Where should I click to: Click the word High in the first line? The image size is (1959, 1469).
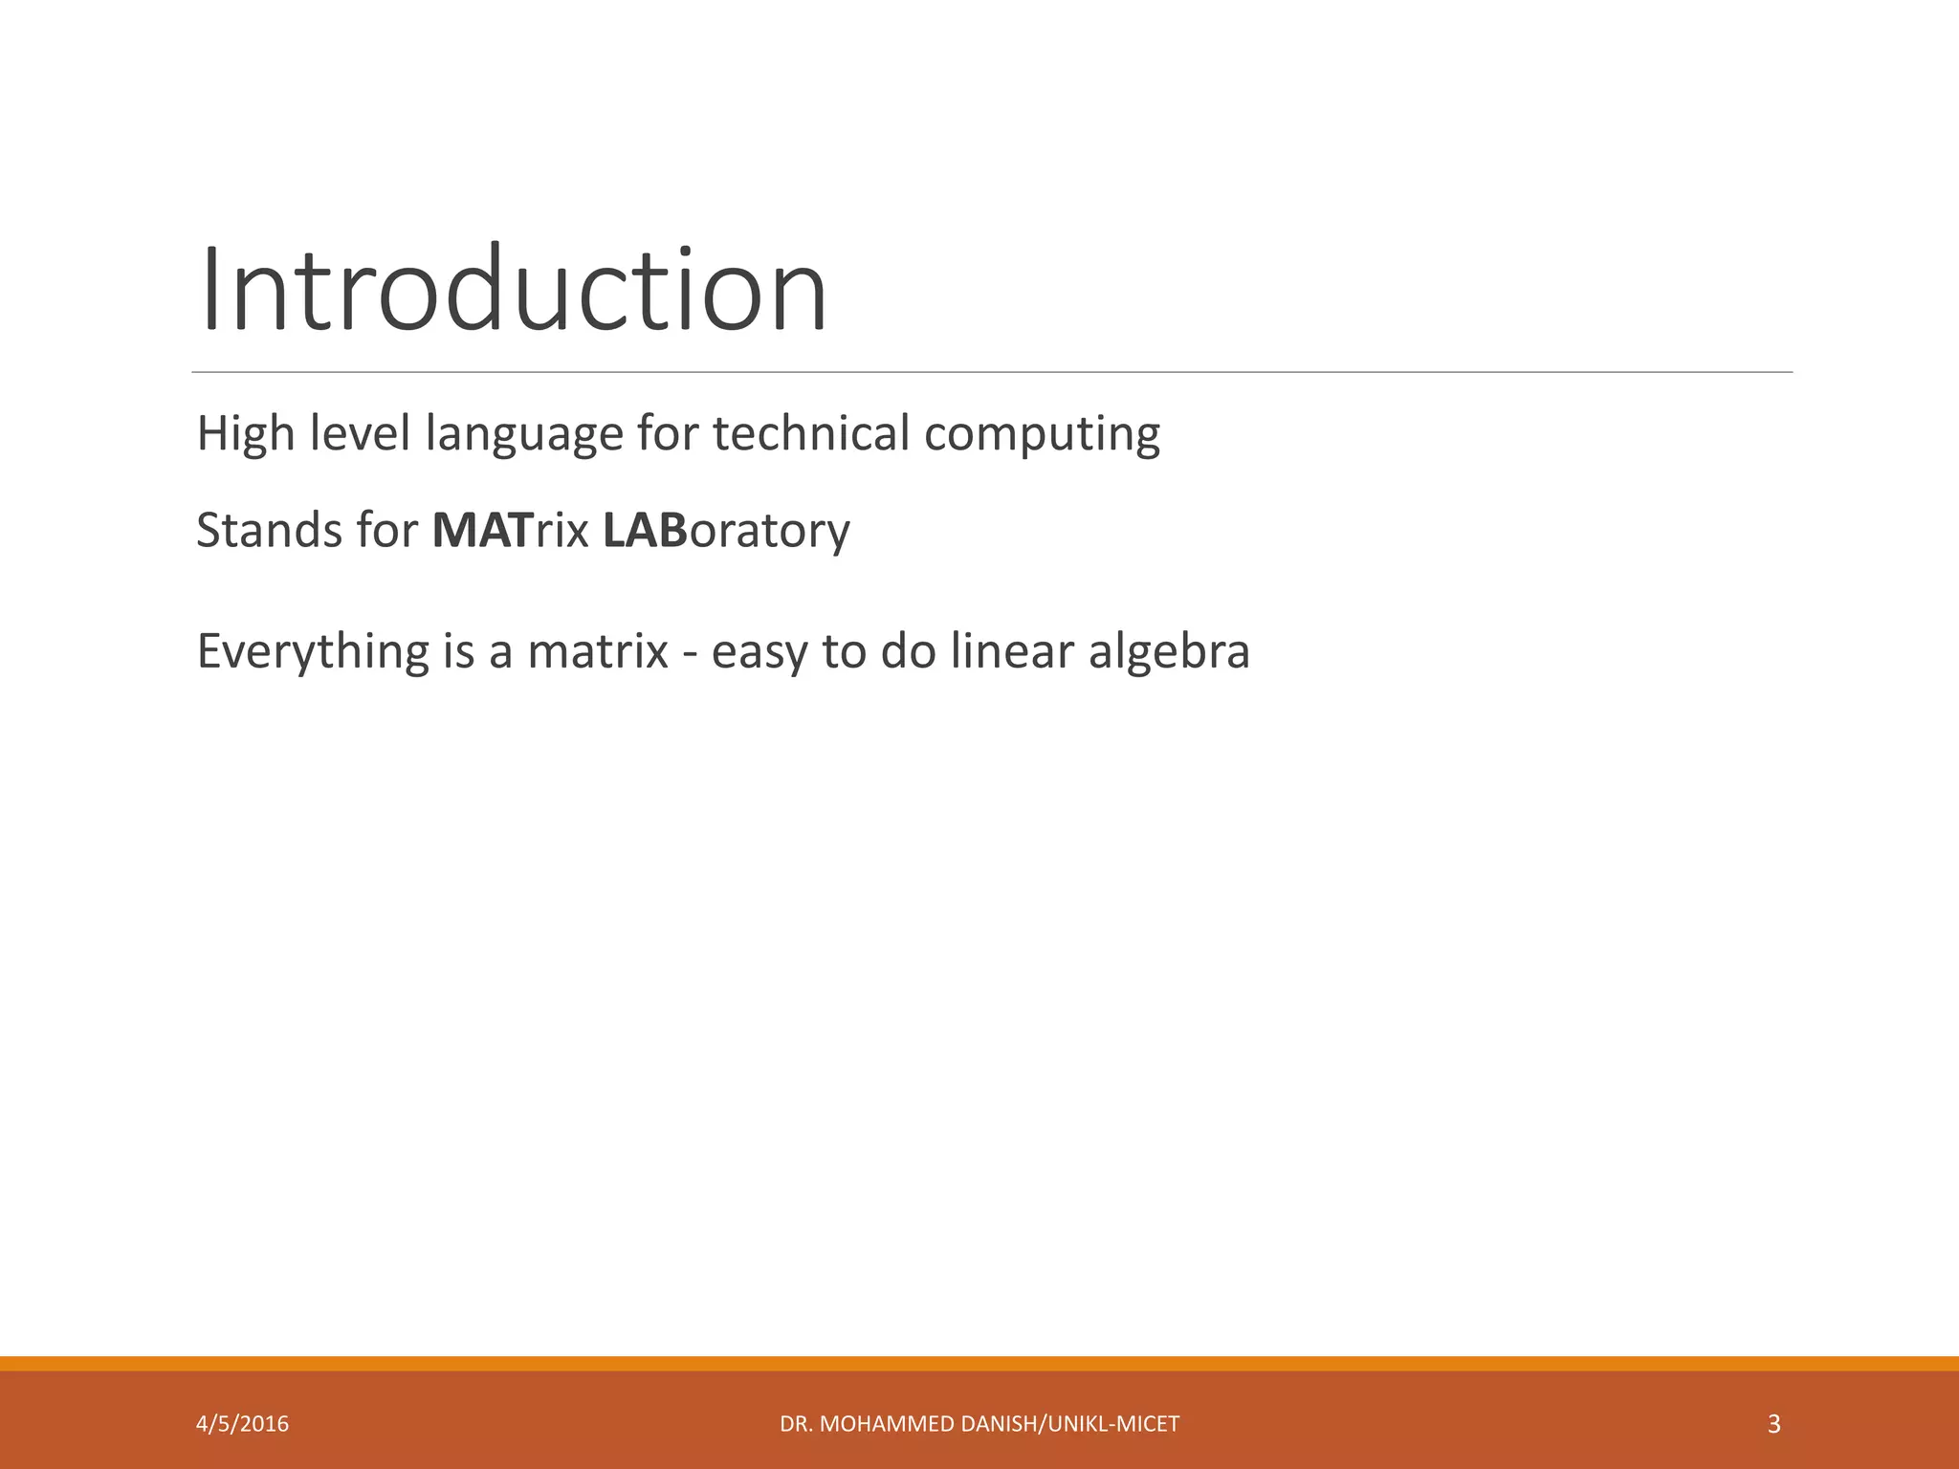[245, 434]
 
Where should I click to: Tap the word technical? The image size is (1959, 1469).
[810, 434]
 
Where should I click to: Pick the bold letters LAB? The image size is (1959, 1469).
[645, 531]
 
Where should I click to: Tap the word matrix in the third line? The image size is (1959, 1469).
[598, 652]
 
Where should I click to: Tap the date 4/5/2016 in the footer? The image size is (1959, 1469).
[242, 1424]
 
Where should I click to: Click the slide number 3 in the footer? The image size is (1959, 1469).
[1773, 1424]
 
